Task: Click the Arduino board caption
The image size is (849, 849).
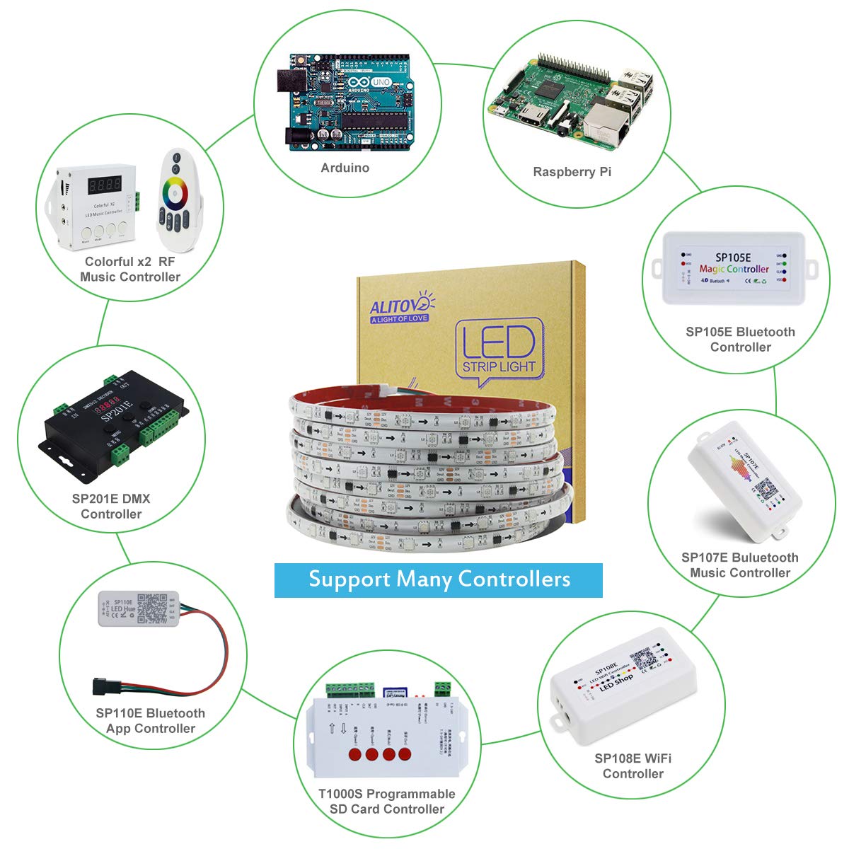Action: (345, 168)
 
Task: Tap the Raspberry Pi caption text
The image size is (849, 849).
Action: (572, 172)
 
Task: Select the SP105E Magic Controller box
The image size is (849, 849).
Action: (734, 268)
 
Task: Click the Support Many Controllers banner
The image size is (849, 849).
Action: (439, 579)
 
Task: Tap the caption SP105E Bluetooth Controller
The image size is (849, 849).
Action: (740, 340)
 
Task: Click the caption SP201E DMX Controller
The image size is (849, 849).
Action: (111, 507)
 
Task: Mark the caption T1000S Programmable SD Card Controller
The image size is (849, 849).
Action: (386, 802)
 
